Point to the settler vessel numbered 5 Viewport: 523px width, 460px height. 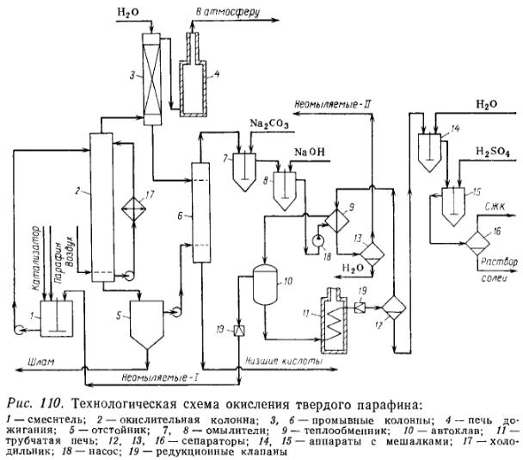[x=145, y=323]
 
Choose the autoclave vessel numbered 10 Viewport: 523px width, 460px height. [x=266, y=283]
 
